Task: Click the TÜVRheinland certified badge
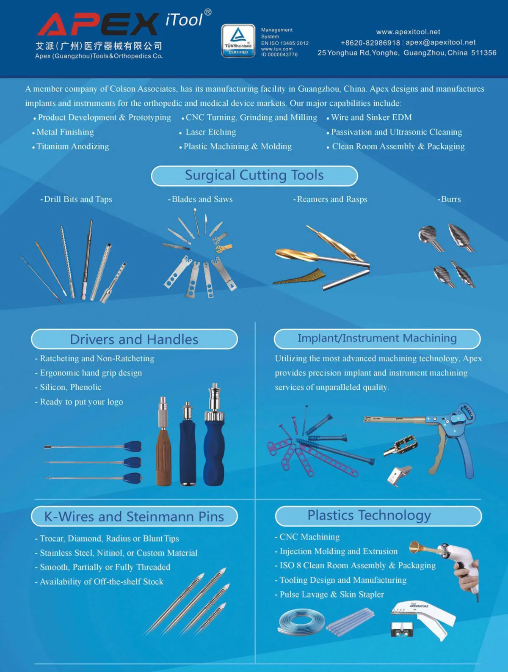238,41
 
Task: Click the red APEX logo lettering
98,24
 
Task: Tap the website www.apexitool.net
408,32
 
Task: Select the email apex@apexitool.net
440,42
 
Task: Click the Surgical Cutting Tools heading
254,176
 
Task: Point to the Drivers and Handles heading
134,339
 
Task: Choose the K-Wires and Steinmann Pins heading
134,516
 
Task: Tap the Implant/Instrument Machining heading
377,338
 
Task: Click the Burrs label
449,199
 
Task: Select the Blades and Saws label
200,199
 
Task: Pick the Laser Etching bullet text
211,132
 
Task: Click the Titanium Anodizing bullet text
72,146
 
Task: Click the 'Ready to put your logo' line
81,402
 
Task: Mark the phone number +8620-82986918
370,43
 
